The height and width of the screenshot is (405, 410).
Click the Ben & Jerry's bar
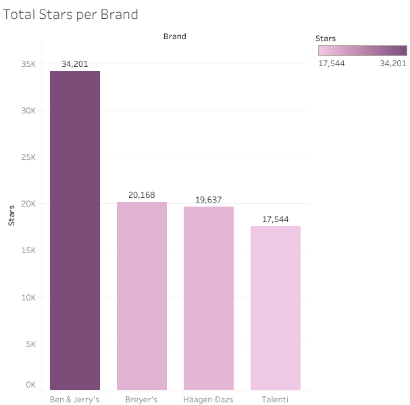(x=75, y=230)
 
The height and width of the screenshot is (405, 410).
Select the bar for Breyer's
(x=142, y=296)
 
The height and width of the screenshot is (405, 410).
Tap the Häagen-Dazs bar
(x=209, y=298)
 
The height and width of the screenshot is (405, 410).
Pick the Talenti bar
(x=276, y=308)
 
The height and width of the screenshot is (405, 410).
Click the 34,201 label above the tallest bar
(x=75, y=64)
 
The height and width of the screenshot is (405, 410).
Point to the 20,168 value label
(x=142, y=195)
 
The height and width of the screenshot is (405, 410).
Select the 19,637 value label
(x=209, y=200)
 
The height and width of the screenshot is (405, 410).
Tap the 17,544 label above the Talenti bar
(x=276, y=219)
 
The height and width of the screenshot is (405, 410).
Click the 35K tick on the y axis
(x=28, y=64)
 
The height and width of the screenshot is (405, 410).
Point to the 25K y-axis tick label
(x=28, y=157)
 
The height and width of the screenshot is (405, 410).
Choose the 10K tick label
(x=28, y=297)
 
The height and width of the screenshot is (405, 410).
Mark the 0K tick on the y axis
(x=30, y=385)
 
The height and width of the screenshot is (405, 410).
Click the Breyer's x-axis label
(x=142, y=400)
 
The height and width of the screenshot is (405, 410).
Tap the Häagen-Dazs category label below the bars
(x=209, y=400)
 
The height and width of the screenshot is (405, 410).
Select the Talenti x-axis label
(x=276, y=400)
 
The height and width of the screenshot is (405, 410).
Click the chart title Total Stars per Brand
(x=71, y=14)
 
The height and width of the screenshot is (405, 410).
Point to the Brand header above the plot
(x=174, y=36)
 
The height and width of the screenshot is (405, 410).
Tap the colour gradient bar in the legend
(x=363, y=51)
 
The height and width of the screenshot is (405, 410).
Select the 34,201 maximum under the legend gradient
(x=393, y=63)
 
